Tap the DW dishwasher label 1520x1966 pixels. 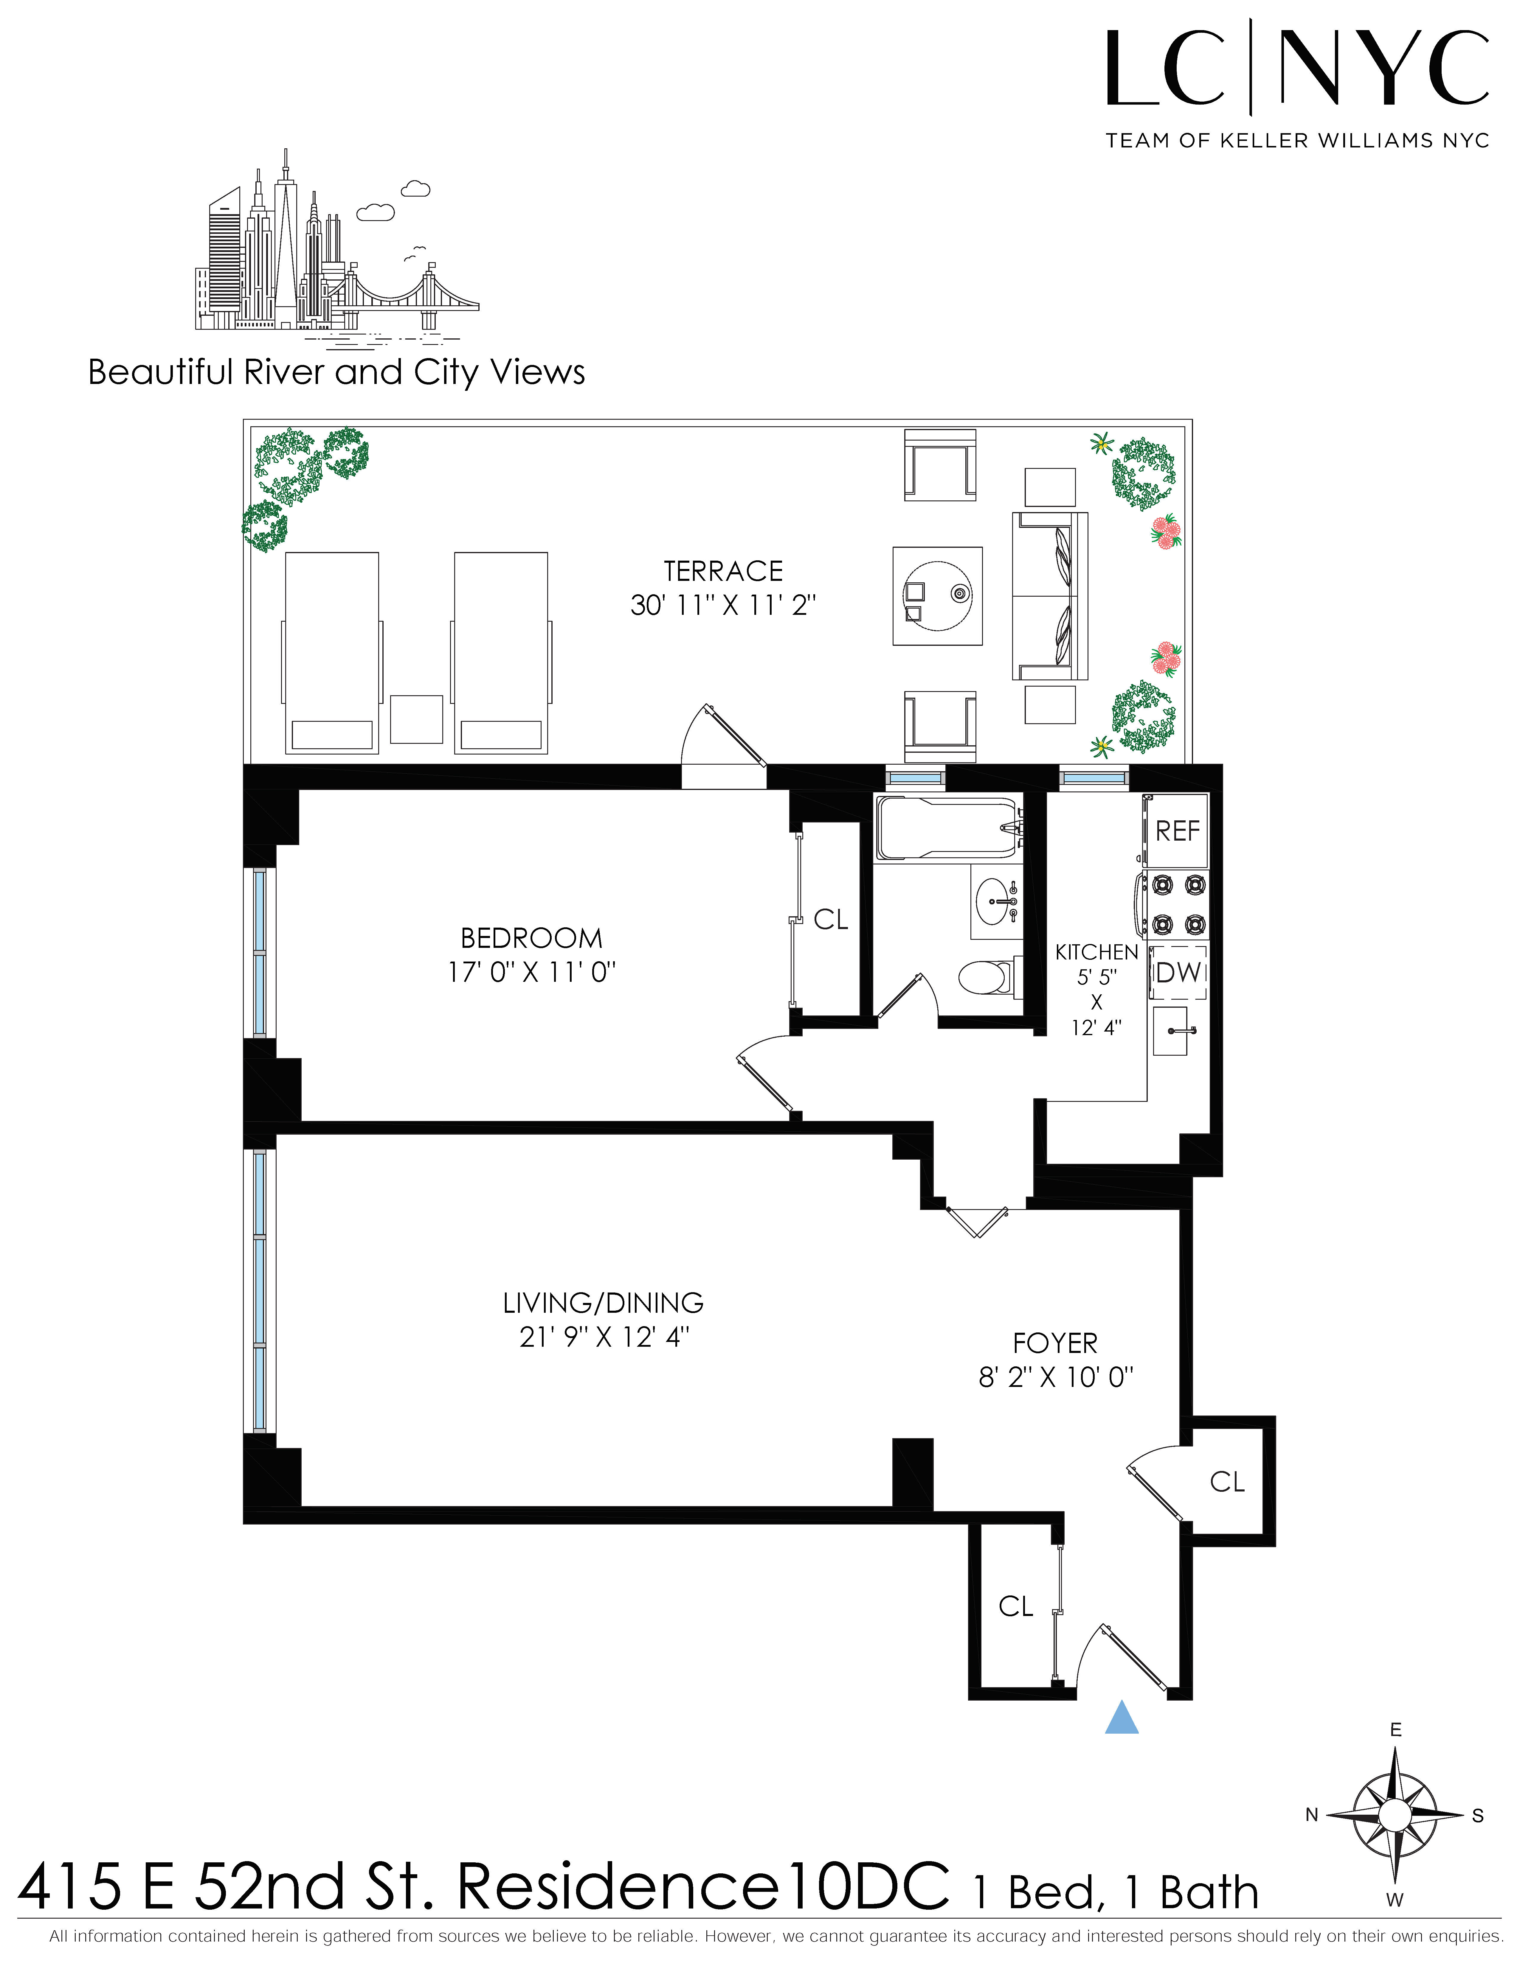(x=1178, y=972)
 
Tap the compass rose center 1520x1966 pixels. (x=1395, y=1815)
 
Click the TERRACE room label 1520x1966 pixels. (x=723, y=572)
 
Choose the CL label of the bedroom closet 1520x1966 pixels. (x=830, y=919)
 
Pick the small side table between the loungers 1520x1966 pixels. (x=416, y=719)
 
